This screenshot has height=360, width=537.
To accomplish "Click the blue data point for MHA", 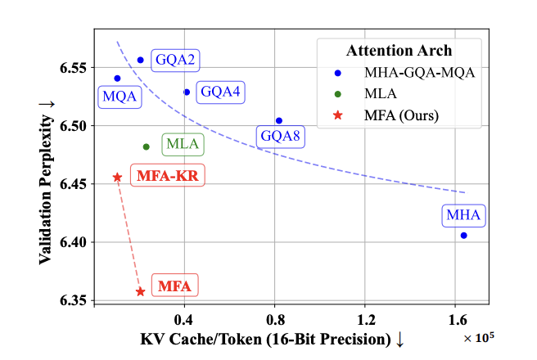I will coord(464,236).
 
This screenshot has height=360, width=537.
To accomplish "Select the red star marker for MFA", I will coord(141,291).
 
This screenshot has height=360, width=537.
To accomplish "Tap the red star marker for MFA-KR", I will coord(118,177).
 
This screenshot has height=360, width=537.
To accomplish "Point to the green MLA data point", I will coord(147,147).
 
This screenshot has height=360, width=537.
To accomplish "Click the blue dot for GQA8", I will coord(279,121).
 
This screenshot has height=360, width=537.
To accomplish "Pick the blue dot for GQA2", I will coord(141,60).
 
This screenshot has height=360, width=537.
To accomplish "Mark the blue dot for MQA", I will coord(118,79).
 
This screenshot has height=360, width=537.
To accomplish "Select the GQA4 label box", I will coord(220,92).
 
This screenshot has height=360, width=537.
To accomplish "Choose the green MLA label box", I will coord(183,146).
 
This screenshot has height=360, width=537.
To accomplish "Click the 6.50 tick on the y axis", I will coord(72,126).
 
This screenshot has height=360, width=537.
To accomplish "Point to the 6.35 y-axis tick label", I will coord(72,301).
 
